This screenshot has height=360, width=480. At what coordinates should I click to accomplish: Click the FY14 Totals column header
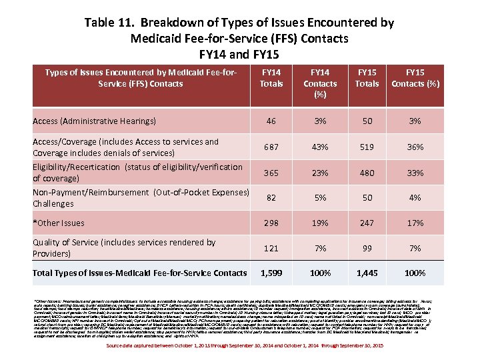pos(271,78)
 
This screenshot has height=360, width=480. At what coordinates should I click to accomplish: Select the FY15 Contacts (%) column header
pos(415,78)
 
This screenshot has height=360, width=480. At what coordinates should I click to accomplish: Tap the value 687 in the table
pos(271,147)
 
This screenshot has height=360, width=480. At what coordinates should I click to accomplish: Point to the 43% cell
pos(320,147)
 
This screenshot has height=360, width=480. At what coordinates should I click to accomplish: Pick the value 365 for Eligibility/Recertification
pos(271,173)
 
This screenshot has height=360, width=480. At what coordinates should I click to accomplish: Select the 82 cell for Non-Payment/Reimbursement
pos(271,198)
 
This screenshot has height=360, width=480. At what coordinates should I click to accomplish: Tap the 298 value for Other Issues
pos(271,222)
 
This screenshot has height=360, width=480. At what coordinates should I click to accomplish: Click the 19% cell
pos(320,222)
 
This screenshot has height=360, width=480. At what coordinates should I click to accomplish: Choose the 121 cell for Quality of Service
pos(271,248)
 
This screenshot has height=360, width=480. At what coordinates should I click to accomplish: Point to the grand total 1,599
pos(271,273)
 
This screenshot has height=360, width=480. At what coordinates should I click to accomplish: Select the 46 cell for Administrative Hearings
pos(271,121)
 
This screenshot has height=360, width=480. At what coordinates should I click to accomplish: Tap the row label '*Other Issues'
pos(59,223)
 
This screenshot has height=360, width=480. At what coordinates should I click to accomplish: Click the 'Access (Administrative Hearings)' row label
pos(94,121)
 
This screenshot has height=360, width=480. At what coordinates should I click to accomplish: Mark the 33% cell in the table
pos(415,173)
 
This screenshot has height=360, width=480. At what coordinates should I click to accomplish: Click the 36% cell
pos(415,147)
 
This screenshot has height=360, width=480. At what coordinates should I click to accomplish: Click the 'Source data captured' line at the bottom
pos(239,346)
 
